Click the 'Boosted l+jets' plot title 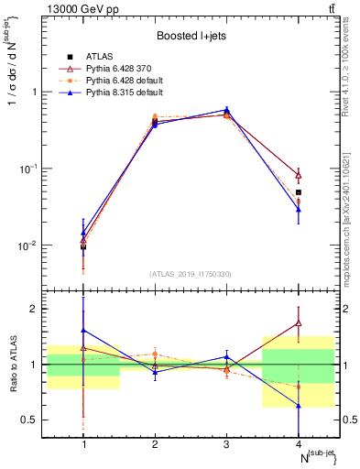click(x=191, y=36)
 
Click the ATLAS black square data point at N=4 click(x=299, y=192)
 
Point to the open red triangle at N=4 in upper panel click(x=299, y=175)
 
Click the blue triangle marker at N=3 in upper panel click(x=227, y=110)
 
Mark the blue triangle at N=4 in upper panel click(x=299, y=210)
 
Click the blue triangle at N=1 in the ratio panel click(x=84, y=330)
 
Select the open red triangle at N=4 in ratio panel click(x=299, y=322)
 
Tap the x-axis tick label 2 click(x=155, y=443)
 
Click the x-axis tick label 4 click(x=299, y=443)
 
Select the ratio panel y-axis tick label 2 click(x=37, y=309)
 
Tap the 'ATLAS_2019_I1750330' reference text click(x=191, y=274)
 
